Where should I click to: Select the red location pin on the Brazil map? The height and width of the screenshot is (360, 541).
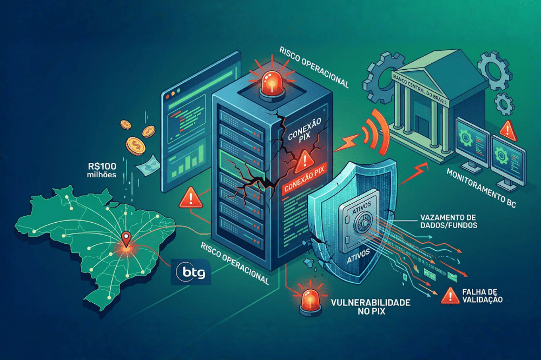126,238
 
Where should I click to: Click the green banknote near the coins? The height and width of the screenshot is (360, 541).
147,165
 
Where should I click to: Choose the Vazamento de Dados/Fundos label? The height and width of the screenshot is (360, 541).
448,221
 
